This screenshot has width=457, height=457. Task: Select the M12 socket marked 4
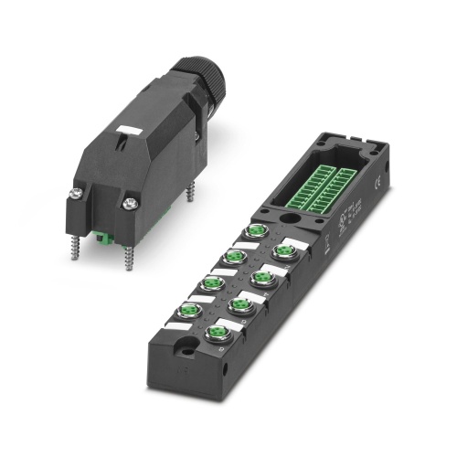pyautogui.click(x=262, y=277)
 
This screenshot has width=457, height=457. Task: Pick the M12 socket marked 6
pyautogui.click(x=240, y=304)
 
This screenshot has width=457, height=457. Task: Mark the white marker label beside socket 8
pyautogui.click(x=233, y=351)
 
